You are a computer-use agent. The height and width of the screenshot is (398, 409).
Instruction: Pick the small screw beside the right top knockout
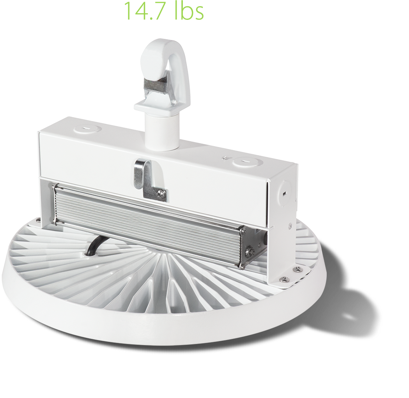224,157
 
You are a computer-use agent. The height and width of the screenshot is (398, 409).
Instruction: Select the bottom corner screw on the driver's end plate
242,265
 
